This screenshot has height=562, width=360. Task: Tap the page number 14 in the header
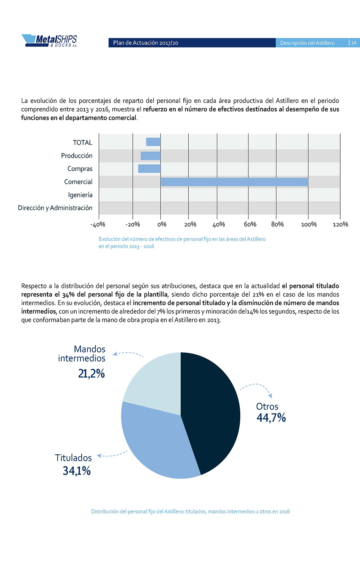pos(354,43)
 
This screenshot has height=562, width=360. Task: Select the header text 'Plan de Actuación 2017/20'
pos(145,43)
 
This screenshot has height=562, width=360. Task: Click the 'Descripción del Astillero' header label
pos(307,43)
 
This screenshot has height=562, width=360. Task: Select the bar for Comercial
pos(234,182)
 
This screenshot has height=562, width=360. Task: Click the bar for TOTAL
pos(153,142)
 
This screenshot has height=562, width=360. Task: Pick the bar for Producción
pos(150,155)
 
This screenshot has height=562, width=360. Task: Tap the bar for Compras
pos(149,169)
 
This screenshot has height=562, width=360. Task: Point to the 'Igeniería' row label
pos(80,195)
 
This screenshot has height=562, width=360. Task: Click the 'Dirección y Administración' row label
pos(55,208)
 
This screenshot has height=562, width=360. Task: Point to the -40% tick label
pos(98,224)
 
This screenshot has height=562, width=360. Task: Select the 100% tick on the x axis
pos(308,224)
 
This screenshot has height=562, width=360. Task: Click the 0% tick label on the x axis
pos(161,224)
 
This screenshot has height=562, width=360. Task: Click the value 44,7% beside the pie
pos(271,418)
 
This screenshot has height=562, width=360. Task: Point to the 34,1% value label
pos(77,471)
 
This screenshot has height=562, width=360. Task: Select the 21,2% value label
pos(91,373)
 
